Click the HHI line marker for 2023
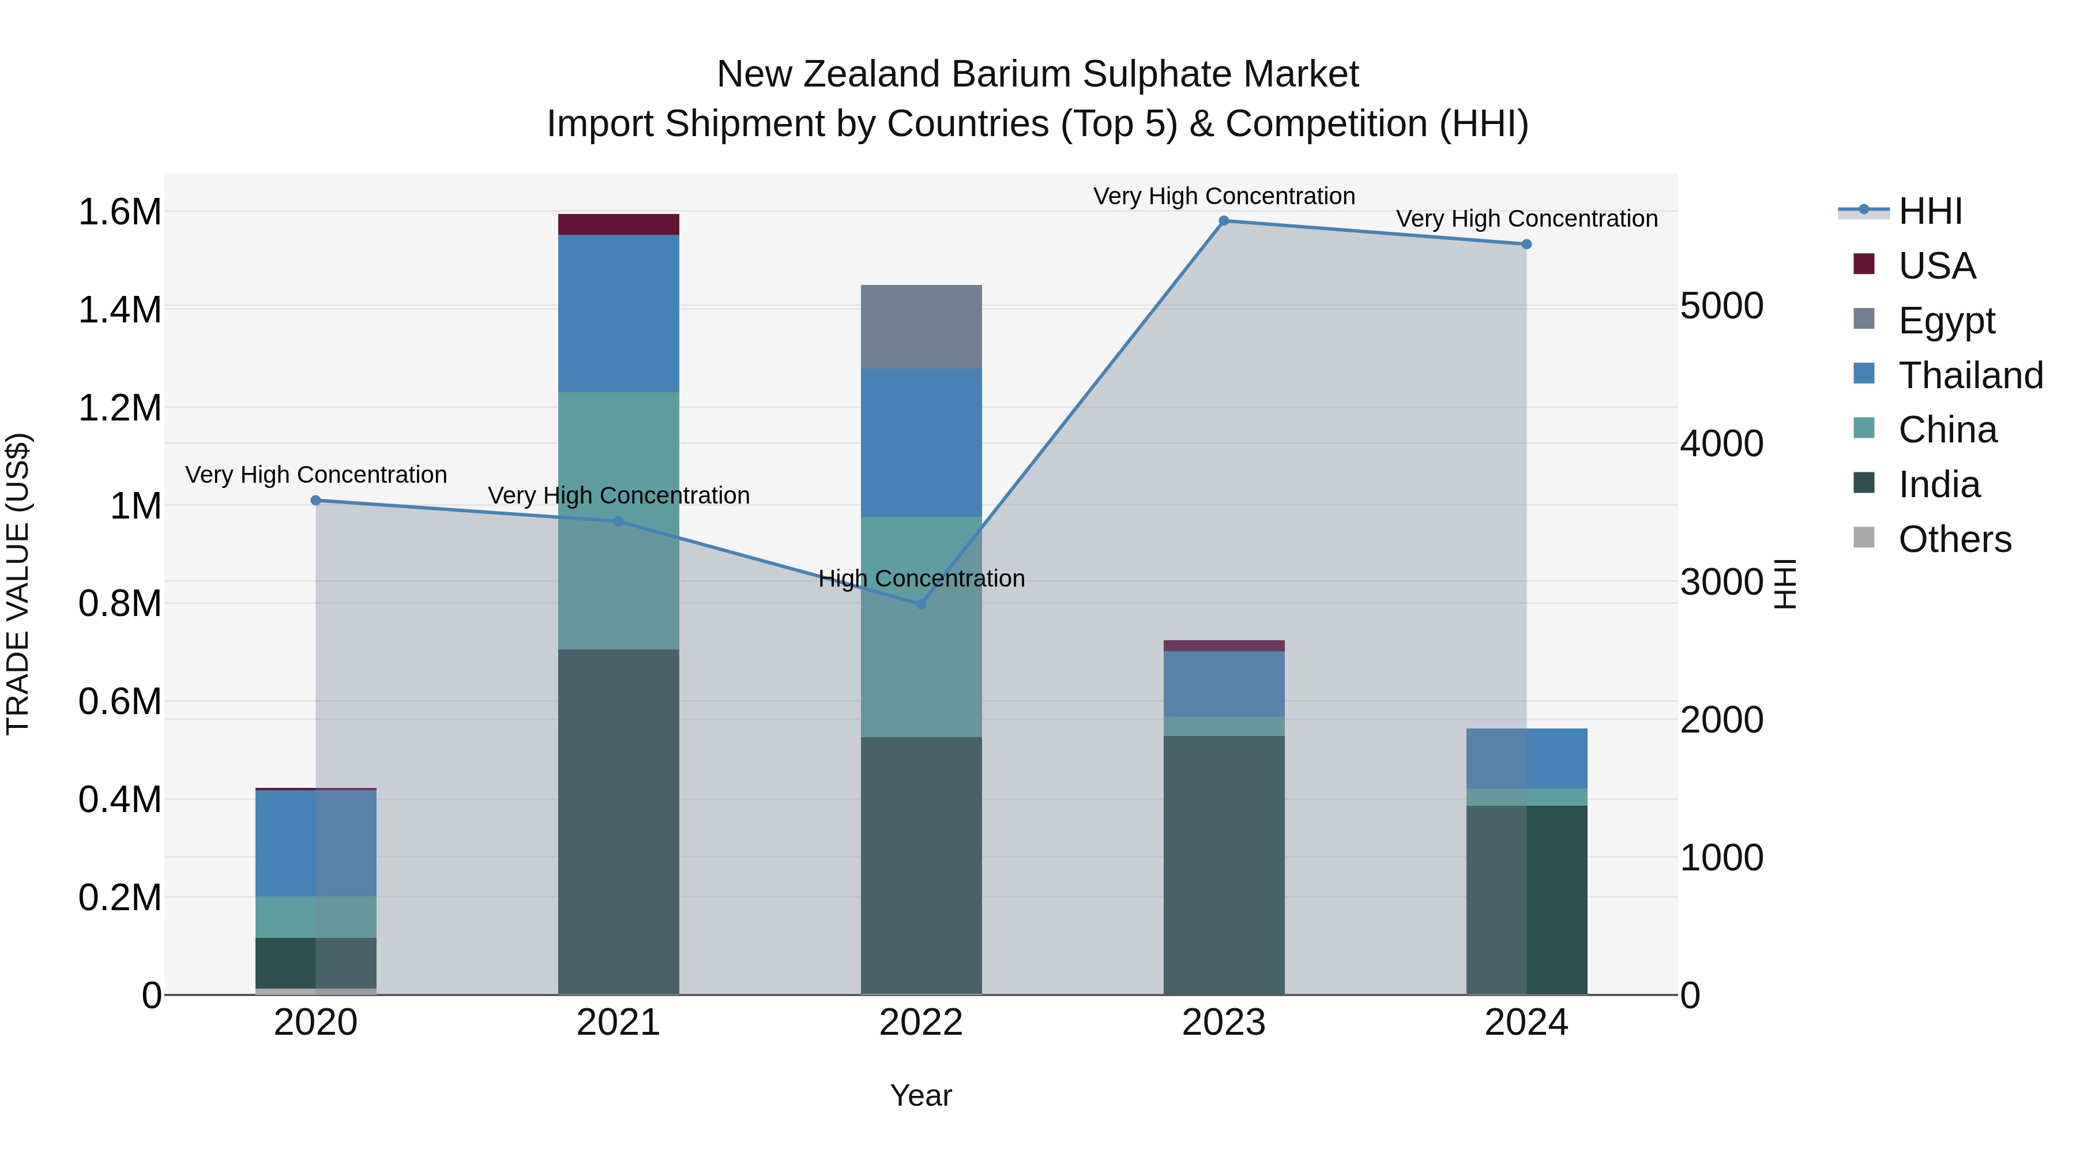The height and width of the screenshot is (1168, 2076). pos(1223,221)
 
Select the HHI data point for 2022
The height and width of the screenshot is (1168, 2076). pos(921,604)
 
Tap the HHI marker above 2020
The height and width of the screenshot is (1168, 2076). pos(316,501)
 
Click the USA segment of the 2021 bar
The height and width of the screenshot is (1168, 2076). pos(618,224)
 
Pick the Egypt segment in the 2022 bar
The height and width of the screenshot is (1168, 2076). pos(921,326)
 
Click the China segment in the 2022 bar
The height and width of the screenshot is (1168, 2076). pos(921,626)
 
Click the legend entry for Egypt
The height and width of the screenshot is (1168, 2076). pos(1946,321)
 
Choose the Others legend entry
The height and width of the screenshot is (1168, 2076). pos(1954,539)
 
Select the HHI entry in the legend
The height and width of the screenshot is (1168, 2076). pos(1930,211)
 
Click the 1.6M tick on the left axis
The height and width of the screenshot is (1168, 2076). pos(119,212)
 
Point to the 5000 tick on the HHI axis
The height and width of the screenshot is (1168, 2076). pos(1722,306)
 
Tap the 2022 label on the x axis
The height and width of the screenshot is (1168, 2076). pos(921,1023)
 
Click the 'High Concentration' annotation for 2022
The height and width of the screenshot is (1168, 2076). pos(921,578)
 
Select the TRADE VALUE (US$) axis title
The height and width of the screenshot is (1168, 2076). pos(18,584)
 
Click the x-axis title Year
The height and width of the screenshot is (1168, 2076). pos(921,1095)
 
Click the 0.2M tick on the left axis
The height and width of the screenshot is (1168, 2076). pos(119,897)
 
